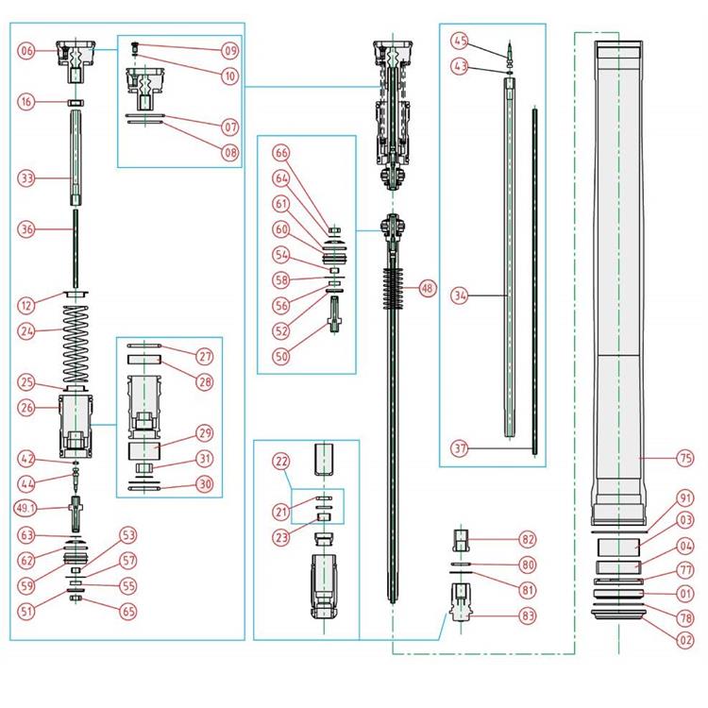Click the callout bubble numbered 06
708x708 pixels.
tap(26, 51)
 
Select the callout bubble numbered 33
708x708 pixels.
tap(26, 177)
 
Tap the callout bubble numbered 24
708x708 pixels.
tap(26, 330)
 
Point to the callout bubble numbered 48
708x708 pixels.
tap(428, 289)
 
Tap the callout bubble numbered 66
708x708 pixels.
tap(281, 152)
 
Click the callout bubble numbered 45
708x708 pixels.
tap(460, 42)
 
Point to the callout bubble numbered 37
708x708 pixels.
tap(460, 447)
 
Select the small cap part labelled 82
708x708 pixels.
tap(462, 541)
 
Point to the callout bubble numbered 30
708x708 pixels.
tap(204, 483)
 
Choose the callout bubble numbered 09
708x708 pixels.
tap(230, 49)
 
